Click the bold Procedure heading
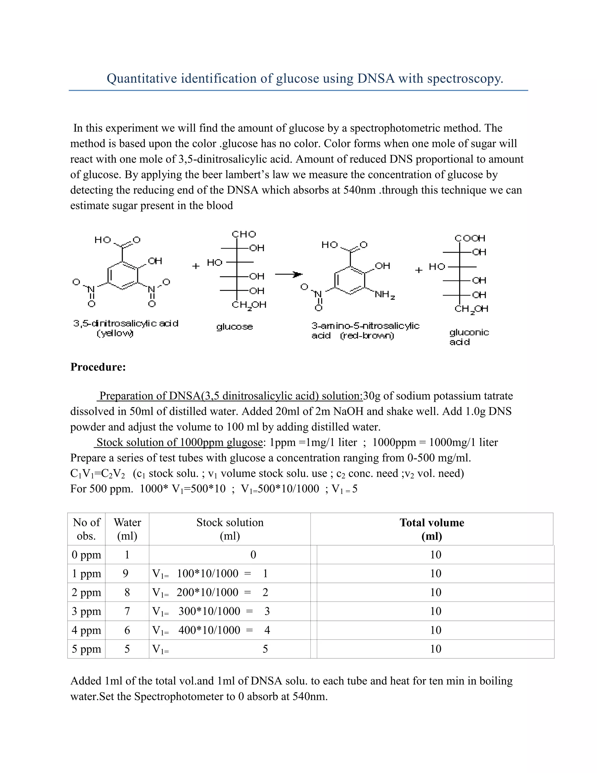(x=98, y=367)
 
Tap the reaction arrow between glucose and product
(x=289, y=274)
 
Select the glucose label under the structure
(x=234, y=326)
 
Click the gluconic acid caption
(x=469, y=337)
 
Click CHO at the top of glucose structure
(x=244, y=234)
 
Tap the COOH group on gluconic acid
(x=470, y=238)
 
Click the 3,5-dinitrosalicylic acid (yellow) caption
(x=126, y=328)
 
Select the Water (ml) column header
(x=127, y=529)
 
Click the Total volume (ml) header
(x=432, y=529)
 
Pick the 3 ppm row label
(x=86, y=611)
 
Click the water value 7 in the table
(x=127, y=611)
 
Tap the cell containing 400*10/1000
(x=209, y=630)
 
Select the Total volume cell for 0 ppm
(x=436, y=555)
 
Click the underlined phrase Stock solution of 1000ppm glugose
(x=179, y=443)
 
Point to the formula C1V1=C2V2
(x=97, y=473)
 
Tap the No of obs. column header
(x=86, y=529)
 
